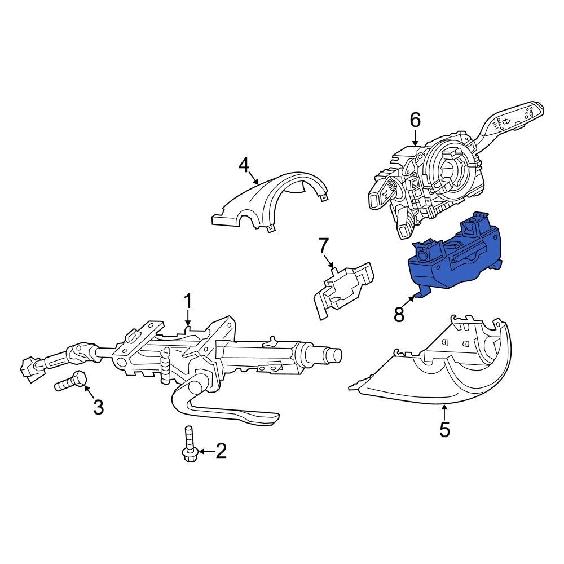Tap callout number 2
pos(220,451)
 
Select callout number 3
pos(98,407)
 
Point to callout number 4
pos(244,165)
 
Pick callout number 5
pos(444,429)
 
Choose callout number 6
pos(415,120)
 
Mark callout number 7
pos(323,246)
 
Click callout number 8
pos(399,315)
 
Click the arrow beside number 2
pos(205,451)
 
